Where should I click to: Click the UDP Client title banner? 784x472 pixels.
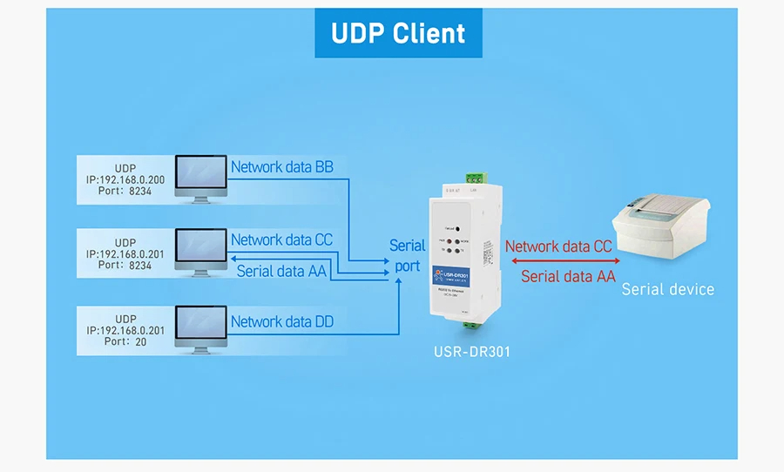[x=398, y=33]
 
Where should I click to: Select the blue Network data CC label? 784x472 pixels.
[x=281, y=239]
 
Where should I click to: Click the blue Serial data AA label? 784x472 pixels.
[x=281, y=271]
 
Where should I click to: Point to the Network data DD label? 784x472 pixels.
[x=281, y=321]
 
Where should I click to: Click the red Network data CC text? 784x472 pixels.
[x=558, y=246]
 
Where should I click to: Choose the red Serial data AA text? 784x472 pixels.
[x=568, y=277]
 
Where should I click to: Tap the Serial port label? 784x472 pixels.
[x=407, y=256]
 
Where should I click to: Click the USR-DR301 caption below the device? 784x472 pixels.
[x=471, y=353]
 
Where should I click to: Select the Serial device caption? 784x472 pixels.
[x=667, y=289]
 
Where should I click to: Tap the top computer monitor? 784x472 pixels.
[x=201, y=179]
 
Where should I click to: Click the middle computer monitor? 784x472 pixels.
[x=201, y=253]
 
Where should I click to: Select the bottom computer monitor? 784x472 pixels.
[x=201, y=327]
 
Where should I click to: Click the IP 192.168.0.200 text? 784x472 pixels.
[x=125, y=180]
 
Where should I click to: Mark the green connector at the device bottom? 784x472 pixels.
[x=471, y=323]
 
